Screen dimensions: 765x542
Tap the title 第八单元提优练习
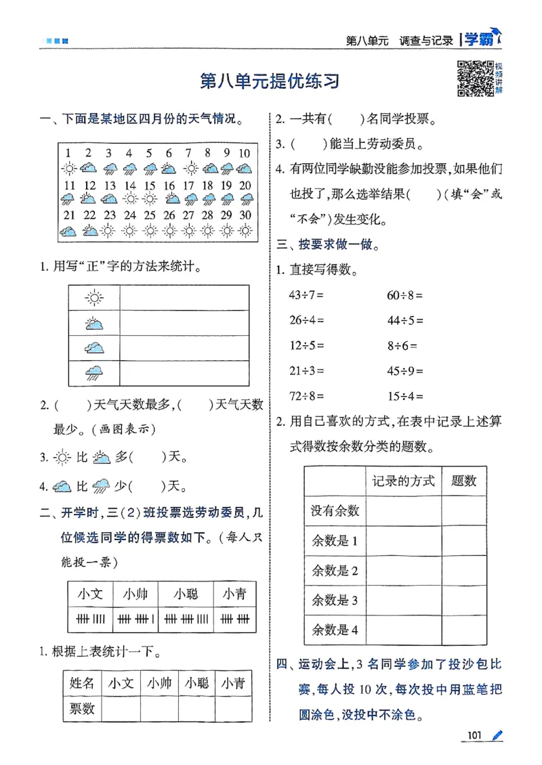[270, 81]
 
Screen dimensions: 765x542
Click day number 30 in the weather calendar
[245, 216]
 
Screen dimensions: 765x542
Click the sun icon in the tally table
[94, 297]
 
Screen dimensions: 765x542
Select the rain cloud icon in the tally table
[94, 372]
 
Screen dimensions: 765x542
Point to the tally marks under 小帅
[135, 618]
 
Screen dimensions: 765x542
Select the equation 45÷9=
[405, 370]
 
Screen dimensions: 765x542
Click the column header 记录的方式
[403, 481]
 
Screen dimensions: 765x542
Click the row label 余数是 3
[334, 600]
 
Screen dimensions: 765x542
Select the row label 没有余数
[335, 510]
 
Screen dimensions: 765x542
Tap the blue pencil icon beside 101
[498, 735]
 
